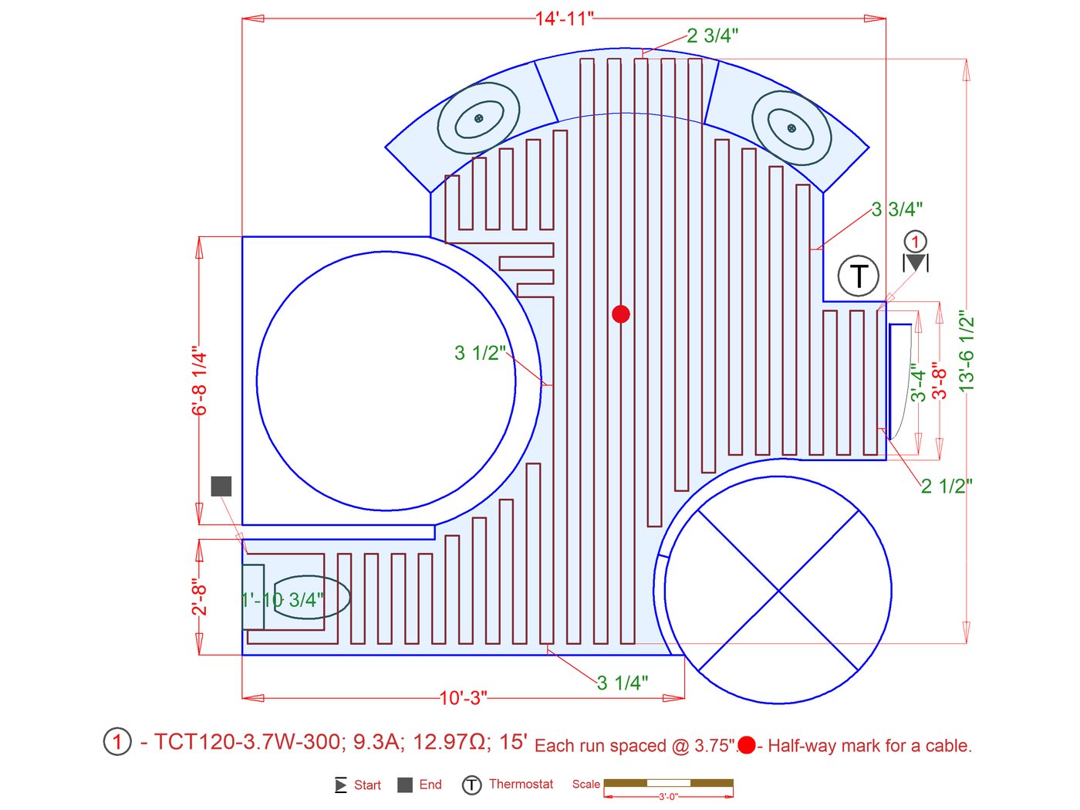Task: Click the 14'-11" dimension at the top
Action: coord(565,19)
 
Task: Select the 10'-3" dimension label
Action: coord(463,698)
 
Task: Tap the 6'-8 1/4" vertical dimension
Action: coord(200,384)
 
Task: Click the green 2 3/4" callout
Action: coord(713,36)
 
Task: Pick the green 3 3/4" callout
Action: coord(897,210)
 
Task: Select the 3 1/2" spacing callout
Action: coord(480,353)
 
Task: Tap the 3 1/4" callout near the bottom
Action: coord(623,683)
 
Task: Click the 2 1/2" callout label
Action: coord(947,486)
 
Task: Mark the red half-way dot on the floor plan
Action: coord(620,313)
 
